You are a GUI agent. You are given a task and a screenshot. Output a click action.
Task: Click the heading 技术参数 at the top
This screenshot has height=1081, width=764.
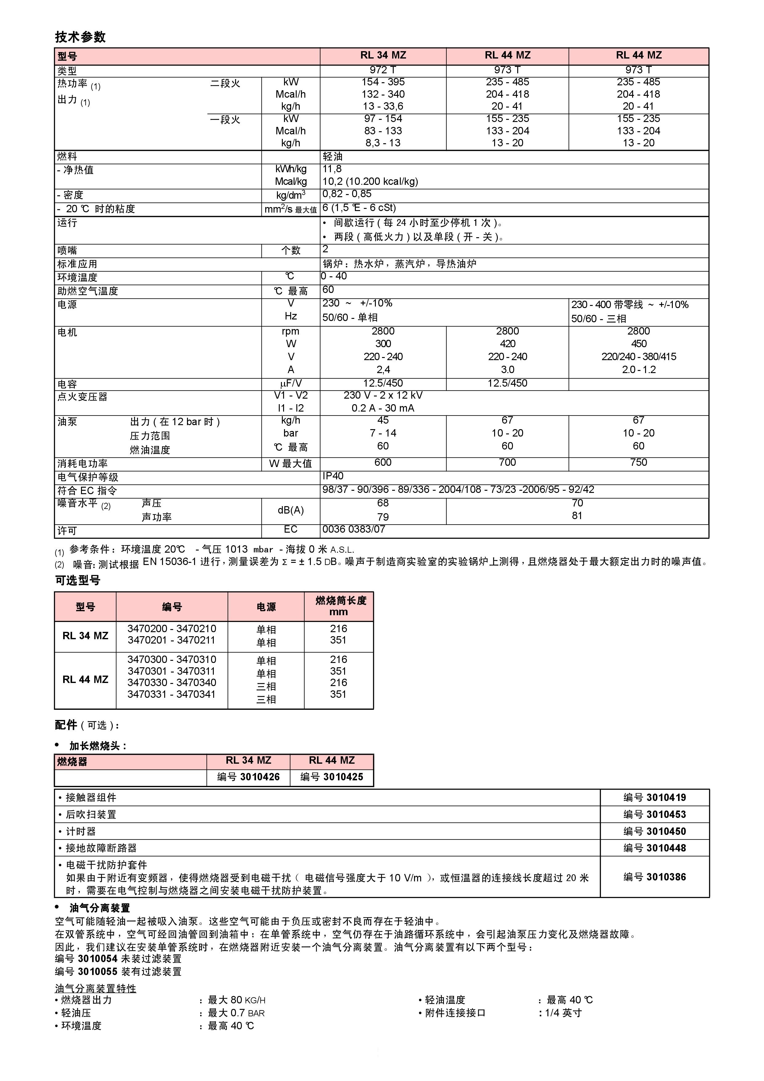coord(80,37)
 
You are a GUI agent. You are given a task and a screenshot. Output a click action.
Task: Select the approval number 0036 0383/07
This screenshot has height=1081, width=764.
coord(354,530)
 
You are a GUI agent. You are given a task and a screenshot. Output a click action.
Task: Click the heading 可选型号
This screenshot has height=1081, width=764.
coord(78,580)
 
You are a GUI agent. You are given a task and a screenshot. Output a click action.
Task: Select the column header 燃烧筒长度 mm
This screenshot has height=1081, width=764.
coord(339,606)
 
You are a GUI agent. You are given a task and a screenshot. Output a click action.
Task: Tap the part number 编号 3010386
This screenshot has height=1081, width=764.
coord(654,877)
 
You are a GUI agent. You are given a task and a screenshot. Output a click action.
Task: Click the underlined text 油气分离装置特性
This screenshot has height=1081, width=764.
coord(95,988)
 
